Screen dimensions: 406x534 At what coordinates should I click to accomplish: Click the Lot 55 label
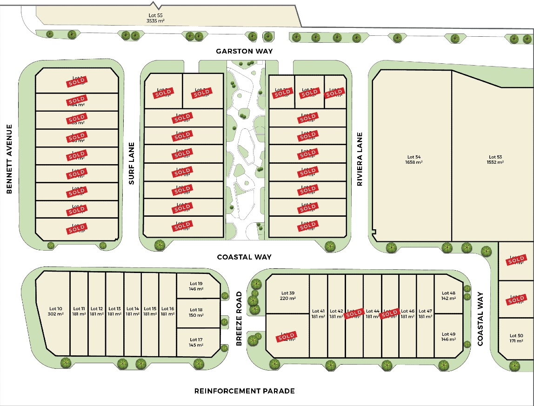[x=156, y=18]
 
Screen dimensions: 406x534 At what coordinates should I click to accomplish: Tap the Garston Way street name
[x=244, y=51]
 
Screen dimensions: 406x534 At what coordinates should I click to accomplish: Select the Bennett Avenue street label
[x=9, y=159]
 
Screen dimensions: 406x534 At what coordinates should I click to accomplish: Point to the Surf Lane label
[x=132, y=163]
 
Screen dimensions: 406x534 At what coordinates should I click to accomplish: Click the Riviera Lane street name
[x=360, y=160]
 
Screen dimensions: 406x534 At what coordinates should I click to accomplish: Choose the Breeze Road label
[x=239, y=319]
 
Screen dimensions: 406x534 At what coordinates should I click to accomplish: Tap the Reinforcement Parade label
[x=244, y=391]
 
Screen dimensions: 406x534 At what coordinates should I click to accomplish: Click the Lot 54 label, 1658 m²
[x=413, y=160]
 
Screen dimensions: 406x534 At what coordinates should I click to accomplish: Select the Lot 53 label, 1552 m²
[x=496, y=160]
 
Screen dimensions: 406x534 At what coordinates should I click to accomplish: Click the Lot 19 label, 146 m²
[x=196, y=286]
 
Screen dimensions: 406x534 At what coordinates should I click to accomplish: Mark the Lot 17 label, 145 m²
[x=196, y=342]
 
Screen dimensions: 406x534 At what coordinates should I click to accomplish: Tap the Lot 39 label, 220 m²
[x=288, y=296]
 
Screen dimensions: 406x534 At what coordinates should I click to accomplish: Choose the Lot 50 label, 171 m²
[x=516, y=338]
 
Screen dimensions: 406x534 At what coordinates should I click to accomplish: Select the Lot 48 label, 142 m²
[x=448, y=296]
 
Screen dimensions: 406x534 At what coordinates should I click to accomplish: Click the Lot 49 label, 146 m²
[x=448, y=337]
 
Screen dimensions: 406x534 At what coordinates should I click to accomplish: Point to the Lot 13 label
[x=114, y=311]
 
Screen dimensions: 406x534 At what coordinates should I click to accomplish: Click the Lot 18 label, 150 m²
[x=196, y=312]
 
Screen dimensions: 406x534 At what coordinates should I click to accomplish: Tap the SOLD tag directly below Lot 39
[x=286, y=336]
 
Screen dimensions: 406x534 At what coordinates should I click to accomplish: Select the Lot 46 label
[x=407, y=314]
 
